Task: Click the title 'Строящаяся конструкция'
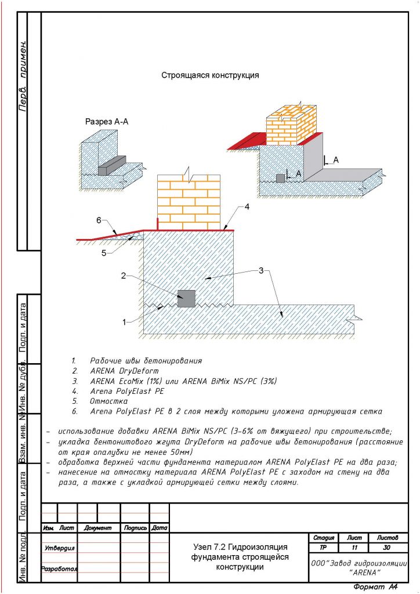click(209, 75)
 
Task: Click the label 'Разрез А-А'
click(107, 122)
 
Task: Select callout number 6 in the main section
click(99, 220)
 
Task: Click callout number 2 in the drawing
click(123, 276)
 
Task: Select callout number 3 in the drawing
click(261, 271)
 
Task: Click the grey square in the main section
click(186, 298)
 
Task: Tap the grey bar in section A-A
click(112, 165)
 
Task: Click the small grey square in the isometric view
click(281, 178)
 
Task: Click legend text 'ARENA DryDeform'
click(124, 371)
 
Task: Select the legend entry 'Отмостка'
click(108, 401)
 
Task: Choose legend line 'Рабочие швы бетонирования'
click(146, 361)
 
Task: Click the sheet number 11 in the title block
click(354, 548)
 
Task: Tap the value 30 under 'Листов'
click(388, 548)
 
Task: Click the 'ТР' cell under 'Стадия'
click(323, 548)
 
